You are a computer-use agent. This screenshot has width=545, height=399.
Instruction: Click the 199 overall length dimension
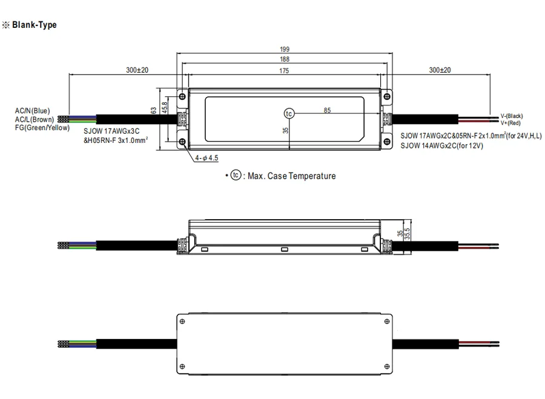click(285, 50)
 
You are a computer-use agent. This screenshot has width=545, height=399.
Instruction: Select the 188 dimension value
click(285, 59)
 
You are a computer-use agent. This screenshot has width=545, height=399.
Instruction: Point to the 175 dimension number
click(284, 71)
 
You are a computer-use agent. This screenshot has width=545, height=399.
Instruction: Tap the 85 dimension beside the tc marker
click(327, 110)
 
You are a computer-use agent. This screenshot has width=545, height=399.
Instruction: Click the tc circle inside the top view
click(289, 114)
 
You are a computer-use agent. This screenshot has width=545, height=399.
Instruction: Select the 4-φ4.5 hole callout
click(206, 158)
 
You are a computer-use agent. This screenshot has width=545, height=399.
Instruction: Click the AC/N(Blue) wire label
click(32, 111)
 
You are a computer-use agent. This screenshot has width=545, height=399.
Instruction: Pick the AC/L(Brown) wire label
click(35, 119)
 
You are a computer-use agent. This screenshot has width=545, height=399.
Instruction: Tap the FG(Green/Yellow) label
click(42, 128)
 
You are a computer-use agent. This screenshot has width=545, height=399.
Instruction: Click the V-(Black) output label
click(512, 116)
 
